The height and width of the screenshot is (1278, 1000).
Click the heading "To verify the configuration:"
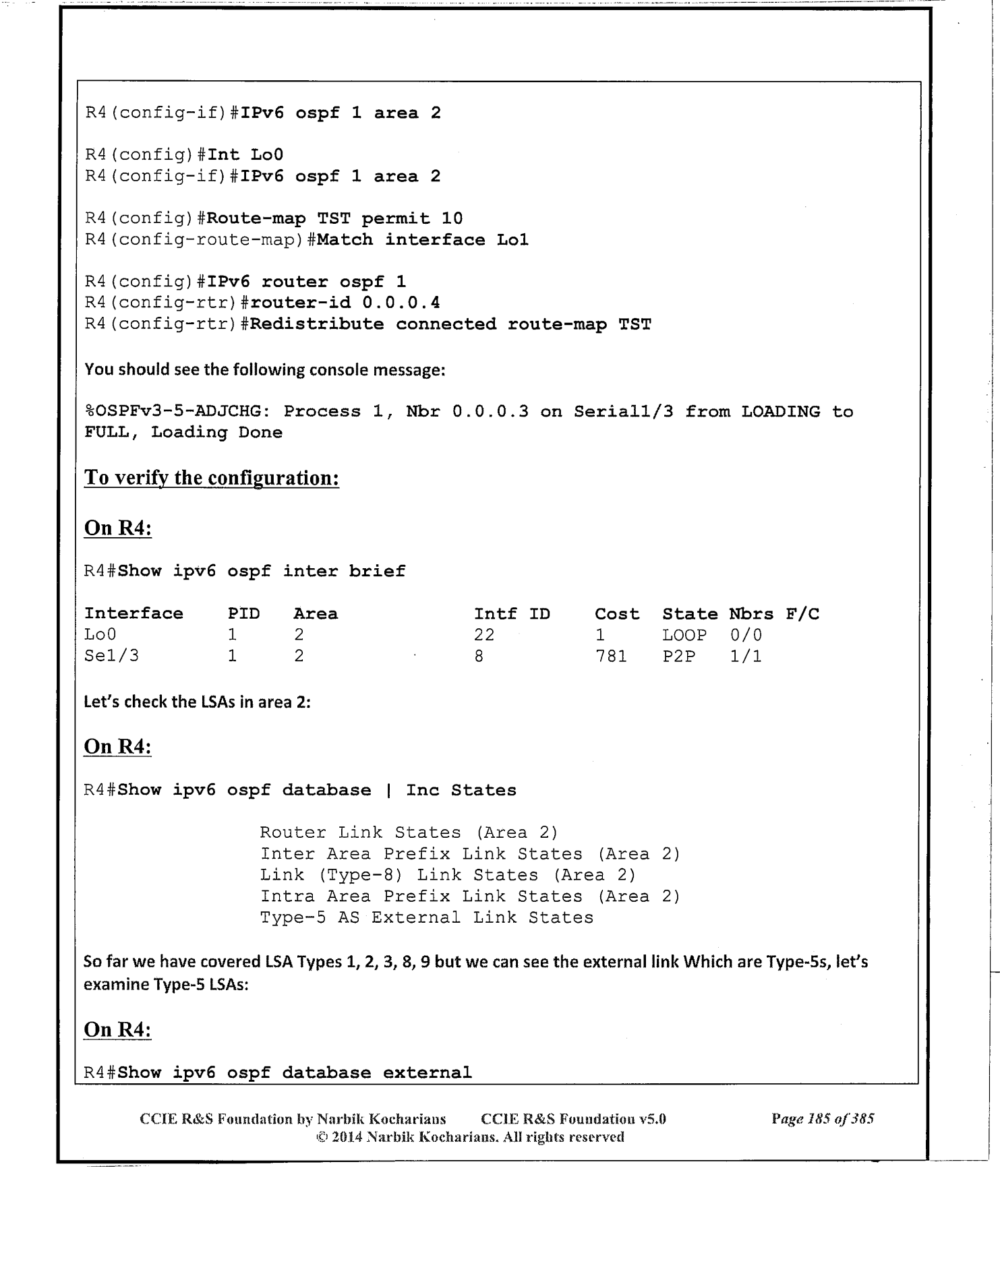(211, 478)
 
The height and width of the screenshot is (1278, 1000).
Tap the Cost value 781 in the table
(610, 656)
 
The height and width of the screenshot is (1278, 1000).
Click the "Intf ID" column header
(512, 614)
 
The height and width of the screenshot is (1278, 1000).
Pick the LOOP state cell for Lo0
(684, 635)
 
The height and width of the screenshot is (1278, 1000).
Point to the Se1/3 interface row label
(111, 656)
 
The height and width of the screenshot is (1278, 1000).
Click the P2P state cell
(678, 656)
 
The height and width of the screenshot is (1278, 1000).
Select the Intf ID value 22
(484, 635)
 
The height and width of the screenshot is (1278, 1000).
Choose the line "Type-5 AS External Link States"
(427, 917)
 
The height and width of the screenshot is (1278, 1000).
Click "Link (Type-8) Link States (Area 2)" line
(448, 875)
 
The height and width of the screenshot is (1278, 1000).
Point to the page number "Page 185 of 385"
(823, 1119)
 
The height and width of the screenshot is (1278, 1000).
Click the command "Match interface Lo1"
(422, 240)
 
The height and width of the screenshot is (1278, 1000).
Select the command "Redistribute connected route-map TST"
(450, 324)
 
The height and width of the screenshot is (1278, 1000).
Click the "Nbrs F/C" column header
(774, 614)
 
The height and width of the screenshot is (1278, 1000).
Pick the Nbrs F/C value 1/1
(746, 656)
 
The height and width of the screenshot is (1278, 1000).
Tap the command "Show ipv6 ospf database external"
(295, 1072)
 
